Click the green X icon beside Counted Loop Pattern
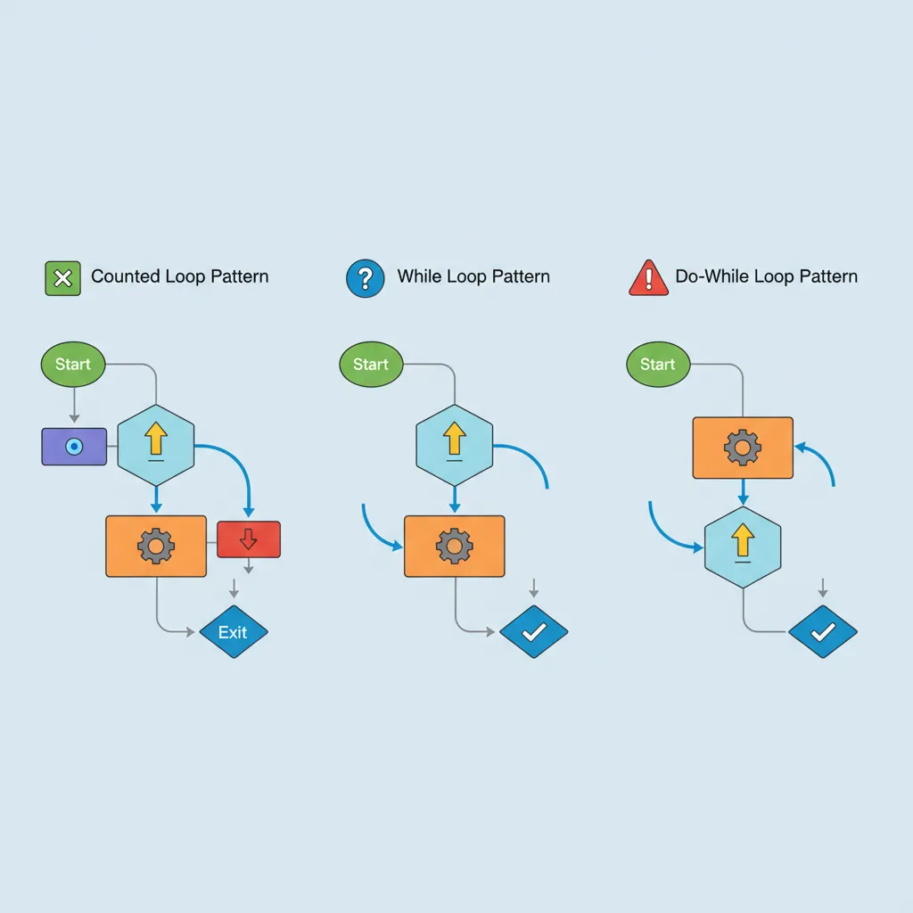coord(62,277)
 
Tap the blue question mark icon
coord(364,277)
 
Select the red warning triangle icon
coord(648,278)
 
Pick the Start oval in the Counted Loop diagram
coord(73,364)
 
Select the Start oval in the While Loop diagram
coord(371,364)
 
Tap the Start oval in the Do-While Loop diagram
coord(658,364)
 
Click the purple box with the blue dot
coord(74,447)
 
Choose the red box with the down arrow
coord(249,539)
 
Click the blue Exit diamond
coord(233,632)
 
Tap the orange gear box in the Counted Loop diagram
coord(156,546)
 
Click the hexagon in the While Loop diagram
coord(455,445)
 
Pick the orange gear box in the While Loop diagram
coord(455,546)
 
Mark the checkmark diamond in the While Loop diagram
coord(533,632)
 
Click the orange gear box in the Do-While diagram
coord(743,448)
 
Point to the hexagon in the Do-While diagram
coord(743,546)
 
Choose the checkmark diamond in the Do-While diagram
coord(823,632)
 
